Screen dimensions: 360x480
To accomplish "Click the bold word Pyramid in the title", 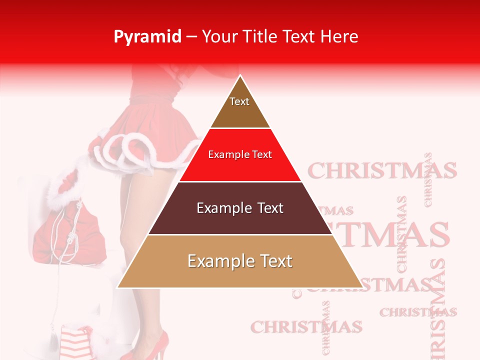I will pyautogui.click(x=147, y=37).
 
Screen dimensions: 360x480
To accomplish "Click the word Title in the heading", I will pyautogui.click(x=260, y=36).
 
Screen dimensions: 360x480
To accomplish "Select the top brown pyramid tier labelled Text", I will pyautogui.click(x=239, y=107).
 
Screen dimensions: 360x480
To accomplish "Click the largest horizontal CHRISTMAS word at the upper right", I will pyautogui.click(x=382, y=171).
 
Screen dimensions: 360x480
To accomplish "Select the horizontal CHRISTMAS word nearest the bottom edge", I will pyautogui.click(x=306, y=327).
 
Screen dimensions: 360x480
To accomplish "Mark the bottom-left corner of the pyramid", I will pyautogui.click(x=117, y=287).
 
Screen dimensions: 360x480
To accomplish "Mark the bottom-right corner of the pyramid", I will pyautogui.click(x=363, y=287).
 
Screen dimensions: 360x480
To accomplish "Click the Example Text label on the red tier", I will pyautogui.click(x=240, y=154).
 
